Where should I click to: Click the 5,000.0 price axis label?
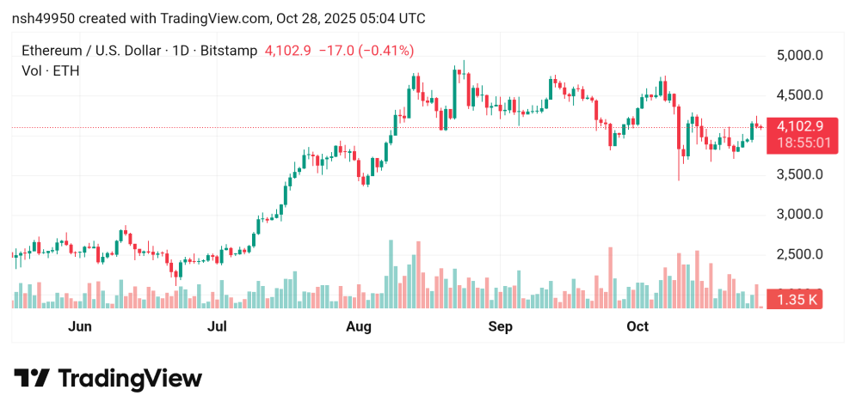[800, 56]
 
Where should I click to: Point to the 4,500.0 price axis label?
[800, 95]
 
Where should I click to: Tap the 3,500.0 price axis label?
[800, 174]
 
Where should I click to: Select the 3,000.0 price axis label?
[800, 215]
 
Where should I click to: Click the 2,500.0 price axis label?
[800, 254]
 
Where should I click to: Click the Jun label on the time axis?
[80, 326]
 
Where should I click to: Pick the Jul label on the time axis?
[217, 326]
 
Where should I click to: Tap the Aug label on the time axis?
[358, 326]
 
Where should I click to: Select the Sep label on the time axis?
[500, 326]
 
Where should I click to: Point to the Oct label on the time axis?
[637, 326]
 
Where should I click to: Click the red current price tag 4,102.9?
[800, 126]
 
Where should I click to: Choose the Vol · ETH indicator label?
[50, 71]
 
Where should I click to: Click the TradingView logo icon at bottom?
[33, 378]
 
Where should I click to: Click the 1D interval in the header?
[181, 51]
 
